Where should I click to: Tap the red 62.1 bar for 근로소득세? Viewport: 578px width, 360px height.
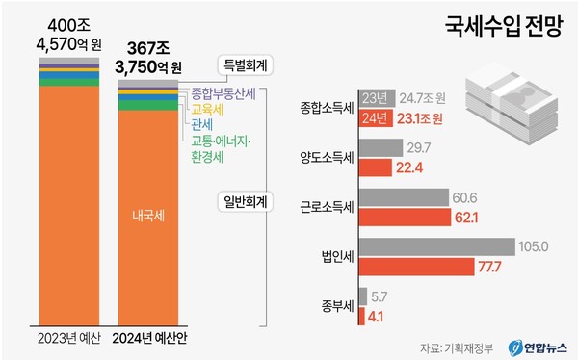404,217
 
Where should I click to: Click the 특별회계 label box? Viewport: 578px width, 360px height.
245,64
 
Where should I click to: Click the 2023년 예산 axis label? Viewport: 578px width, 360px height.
68,337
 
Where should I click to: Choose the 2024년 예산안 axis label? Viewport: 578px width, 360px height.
147,337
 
